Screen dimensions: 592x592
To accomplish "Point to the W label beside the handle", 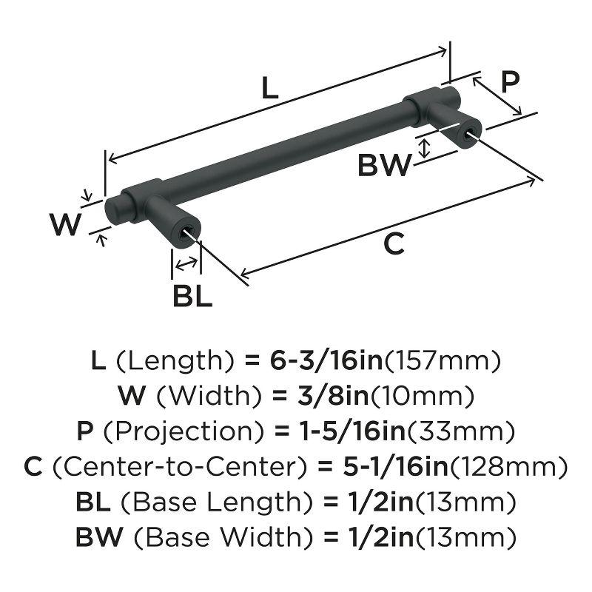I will click(65, 223).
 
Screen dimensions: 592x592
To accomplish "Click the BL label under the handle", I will click(192, 297).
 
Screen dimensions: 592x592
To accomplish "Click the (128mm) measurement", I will click(510, 467).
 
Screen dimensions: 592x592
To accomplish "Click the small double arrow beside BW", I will click(423, 147).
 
